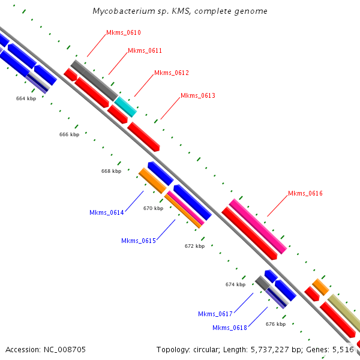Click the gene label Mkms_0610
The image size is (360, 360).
[123, 32]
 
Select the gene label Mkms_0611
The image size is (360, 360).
[145, 50]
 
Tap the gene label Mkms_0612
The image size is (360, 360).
[171, 73]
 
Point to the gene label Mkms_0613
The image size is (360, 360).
[197, 95]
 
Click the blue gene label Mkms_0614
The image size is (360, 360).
[106, 212]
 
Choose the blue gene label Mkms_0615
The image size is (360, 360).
[138, 240]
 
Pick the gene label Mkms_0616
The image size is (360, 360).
[305, 193]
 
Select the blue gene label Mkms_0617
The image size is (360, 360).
[215, 314]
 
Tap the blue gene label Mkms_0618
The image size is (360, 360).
[229, 328]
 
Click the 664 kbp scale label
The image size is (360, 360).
[26, 98]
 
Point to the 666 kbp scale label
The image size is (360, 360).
[69, 134]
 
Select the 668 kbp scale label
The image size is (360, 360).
[111, 171]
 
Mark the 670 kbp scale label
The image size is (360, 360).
[153, 208]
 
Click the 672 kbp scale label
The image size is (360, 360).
[194, 246]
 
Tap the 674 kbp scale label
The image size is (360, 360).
[235, 284]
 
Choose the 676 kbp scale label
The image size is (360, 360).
[275, 324]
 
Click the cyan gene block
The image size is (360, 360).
[126, 106]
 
